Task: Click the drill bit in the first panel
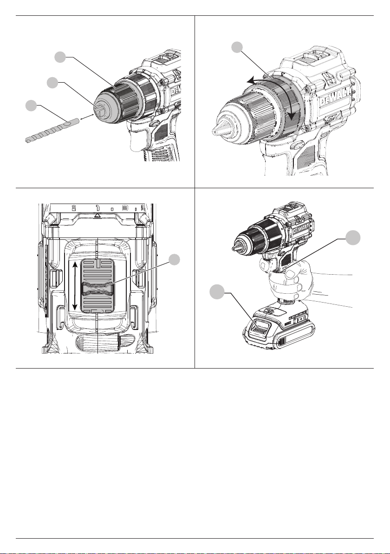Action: (x=51, y=131)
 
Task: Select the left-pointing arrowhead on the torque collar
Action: (x=251, y=81)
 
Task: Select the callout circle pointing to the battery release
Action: (x=215, y=292)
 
